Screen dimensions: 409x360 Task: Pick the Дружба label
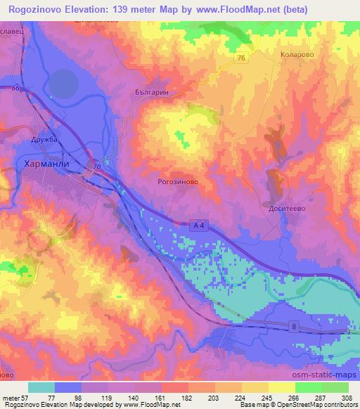[x=44, y=140]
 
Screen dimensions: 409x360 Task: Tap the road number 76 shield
[x=241, y=59]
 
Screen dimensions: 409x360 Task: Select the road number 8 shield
[x=293, y=325]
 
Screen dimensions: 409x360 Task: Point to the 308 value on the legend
[x=347, y=398]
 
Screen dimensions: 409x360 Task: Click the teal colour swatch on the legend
[x=41, y=387]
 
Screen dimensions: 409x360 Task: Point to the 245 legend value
[x=268, y=398]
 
